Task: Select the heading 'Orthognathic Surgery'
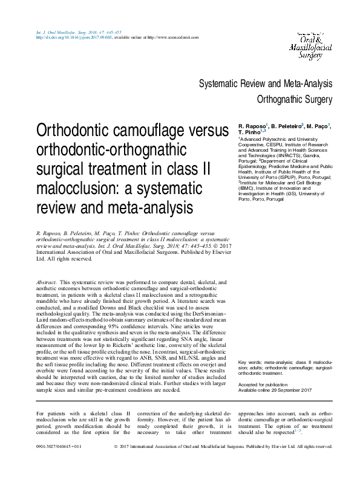(295, 99)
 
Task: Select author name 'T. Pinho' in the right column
(249, 132)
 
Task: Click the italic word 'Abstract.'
(47, 282)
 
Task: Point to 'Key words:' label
(250, 361)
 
